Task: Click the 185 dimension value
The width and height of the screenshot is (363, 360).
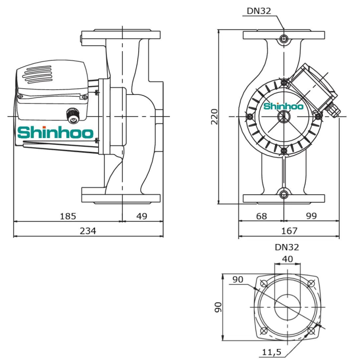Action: point(67,216)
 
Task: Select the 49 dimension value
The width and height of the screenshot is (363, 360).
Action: point(142,216)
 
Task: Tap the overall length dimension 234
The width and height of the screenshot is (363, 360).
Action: point(88,231)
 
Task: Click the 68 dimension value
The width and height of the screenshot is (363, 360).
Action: point(261,216)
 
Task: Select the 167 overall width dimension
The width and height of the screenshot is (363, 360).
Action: point(289,231)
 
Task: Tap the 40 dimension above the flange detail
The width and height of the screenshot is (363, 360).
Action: point(287,259)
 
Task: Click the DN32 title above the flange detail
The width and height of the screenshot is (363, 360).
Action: point(287,247)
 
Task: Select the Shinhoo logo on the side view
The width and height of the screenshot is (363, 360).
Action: point(55,133)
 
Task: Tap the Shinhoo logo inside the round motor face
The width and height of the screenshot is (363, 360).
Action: point(284,106)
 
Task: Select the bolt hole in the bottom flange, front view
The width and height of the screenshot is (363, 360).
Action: point(284,194)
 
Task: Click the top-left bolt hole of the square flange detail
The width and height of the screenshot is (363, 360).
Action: point(263,283)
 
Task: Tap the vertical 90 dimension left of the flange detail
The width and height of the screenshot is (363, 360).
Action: point(218,307)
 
